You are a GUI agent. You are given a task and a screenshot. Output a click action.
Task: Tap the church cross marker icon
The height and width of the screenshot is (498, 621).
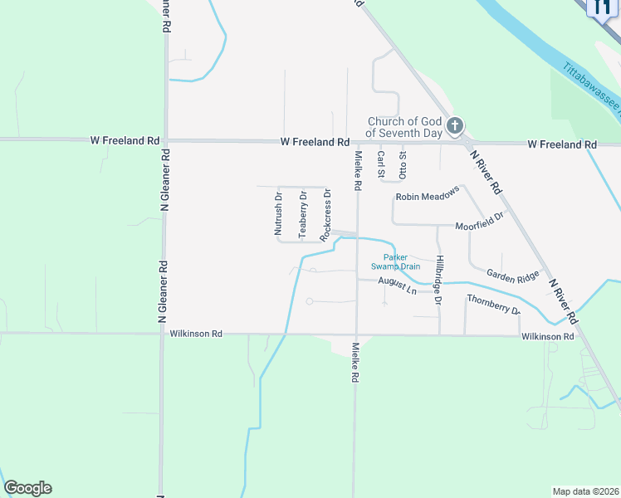click(454, 126)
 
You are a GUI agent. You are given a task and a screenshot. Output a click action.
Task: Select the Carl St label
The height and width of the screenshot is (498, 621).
click(381, 165)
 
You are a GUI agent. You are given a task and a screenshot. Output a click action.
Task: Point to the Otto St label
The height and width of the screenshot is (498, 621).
click(403, 165)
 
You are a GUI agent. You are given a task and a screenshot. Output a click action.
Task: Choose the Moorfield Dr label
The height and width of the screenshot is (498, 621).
click(480, 222)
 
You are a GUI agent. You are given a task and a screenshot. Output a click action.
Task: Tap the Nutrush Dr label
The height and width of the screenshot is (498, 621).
click(279, 214)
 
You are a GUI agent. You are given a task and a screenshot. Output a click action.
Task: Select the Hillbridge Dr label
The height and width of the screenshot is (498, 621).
click(439, 279)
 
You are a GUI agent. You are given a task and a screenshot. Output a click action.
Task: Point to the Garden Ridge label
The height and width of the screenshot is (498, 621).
click(513, 276)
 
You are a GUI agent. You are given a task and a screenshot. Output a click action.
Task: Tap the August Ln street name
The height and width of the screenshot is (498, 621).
click(397, 286)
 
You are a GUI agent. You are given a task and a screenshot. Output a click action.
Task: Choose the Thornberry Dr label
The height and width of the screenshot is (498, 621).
click(493, 304)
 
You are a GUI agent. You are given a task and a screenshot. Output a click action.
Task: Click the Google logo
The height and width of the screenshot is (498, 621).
click(27, 488)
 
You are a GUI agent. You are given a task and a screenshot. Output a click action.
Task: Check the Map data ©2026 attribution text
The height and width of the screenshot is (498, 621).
click(585, 491)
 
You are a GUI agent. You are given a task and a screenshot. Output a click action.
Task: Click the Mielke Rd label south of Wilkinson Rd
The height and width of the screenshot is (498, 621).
click(355, 362)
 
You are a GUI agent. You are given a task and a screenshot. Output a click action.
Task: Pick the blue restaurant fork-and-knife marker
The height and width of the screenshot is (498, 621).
click(601, 6)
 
